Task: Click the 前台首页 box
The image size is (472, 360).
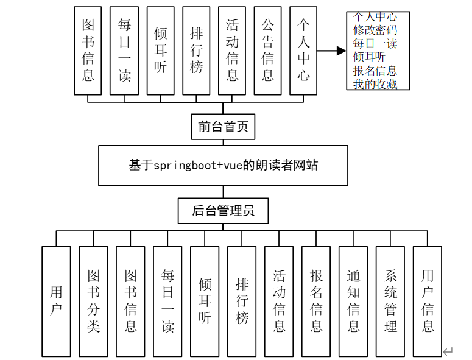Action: [222, 127]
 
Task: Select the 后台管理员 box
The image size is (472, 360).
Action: [222, 211]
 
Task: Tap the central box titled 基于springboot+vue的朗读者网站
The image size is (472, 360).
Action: [223, 165]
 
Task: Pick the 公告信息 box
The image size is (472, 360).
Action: [267, 51]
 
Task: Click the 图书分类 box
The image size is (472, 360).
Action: [93, 301]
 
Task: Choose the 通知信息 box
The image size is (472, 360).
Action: [353, 301]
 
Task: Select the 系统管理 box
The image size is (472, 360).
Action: [390, 301]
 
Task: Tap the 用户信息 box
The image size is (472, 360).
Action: [428, 301]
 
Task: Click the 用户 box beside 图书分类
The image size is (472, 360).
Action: [56, 301]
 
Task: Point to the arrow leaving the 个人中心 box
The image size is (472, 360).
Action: [331, 51]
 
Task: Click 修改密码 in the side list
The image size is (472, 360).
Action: [375, 29]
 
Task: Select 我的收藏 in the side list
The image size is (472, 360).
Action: [375, 84]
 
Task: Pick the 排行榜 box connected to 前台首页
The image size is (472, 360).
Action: [196, 51]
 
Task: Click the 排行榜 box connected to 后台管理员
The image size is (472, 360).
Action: [242, 301]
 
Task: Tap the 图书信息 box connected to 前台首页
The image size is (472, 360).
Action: [88, 51]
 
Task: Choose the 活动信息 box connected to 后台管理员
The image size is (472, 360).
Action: [279, 301]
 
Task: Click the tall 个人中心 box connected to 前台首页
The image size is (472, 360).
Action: [303, 51]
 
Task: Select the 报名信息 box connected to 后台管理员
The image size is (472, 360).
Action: [316, 301]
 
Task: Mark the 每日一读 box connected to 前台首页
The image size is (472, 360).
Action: [124, 51]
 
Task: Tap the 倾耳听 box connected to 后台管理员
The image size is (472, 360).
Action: [205, 301]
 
